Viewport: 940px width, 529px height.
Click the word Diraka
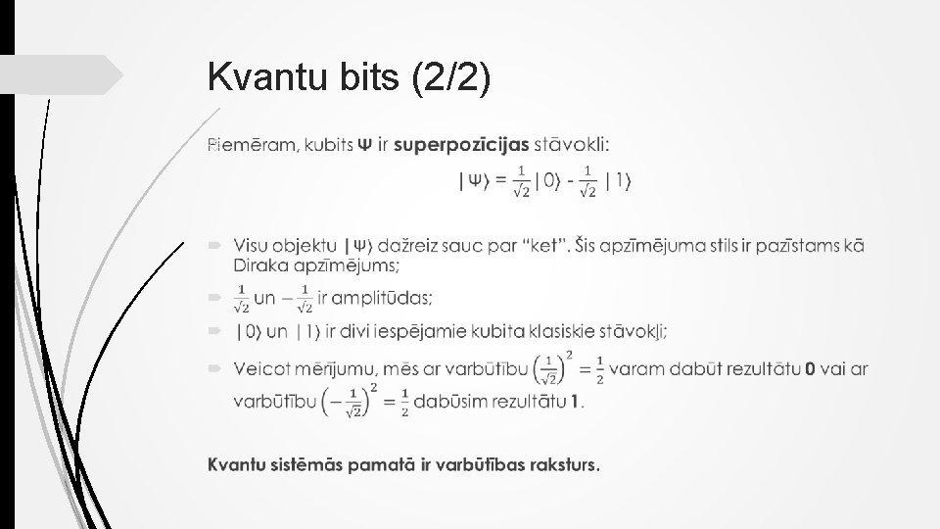pos(259,264)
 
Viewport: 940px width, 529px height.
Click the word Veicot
pos(260,368)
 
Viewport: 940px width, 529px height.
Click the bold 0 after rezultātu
pos(808,369)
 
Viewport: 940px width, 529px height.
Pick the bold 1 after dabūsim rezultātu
pos(575,402)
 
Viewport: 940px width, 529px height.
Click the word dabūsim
pos(453,402)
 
